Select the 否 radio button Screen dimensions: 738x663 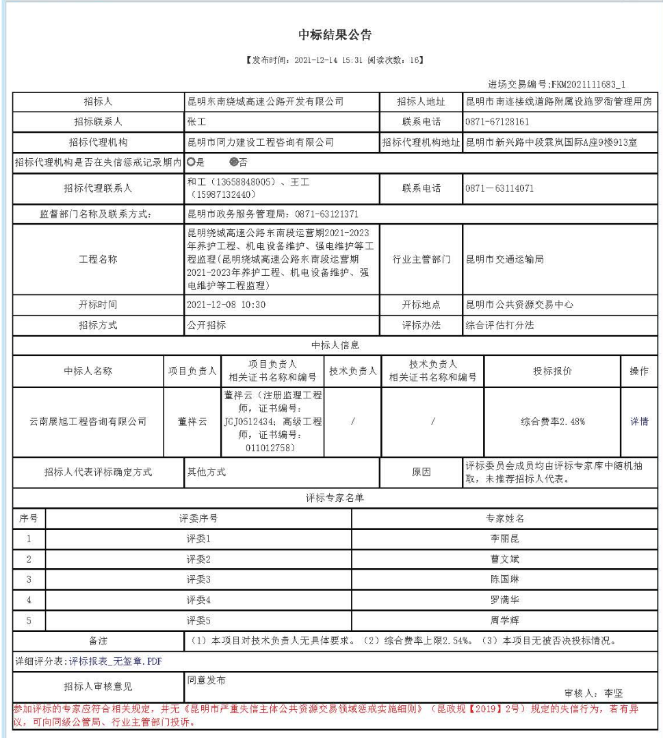[234, 164]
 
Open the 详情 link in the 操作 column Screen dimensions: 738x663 [638, 422]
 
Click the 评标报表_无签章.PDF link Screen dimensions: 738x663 [116, 661]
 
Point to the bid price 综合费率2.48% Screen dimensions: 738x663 [551, 422]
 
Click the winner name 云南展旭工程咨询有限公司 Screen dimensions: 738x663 [88, 422]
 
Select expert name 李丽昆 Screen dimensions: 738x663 [506, 538]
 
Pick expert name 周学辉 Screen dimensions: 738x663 [506, 620]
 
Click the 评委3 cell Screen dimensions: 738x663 [198, 579]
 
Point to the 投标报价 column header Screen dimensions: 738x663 [551, 371]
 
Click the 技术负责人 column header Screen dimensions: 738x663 [353, 371]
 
